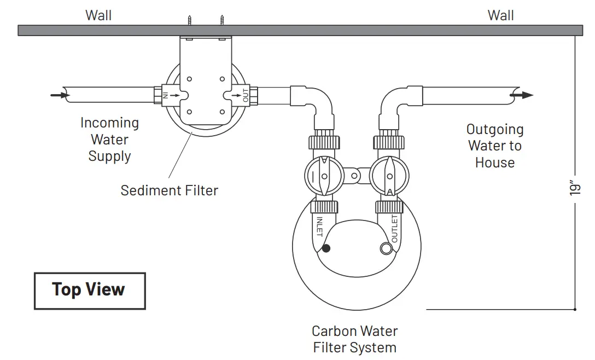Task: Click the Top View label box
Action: [x=90, y=291]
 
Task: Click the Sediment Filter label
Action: [x=169, y=190]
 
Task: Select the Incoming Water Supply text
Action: [x=109, y=140]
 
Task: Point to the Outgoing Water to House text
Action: [x=495, y=146]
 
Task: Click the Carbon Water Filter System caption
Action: [x=354, y=339]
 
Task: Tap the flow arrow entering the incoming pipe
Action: [x=59, y=95]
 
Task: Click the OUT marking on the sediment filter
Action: [x=246, y=95]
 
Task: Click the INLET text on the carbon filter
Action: [x=319, y=227]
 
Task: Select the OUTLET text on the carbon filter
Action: [x=394, y=228]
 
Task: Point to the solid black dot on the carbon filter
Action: [x=326, y=248]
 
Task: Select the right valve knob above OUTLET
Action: [x=388, y=176]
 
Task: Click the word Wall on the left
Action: [x=98, y=15]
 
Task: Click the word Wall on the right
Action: [x=501, y=15]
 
